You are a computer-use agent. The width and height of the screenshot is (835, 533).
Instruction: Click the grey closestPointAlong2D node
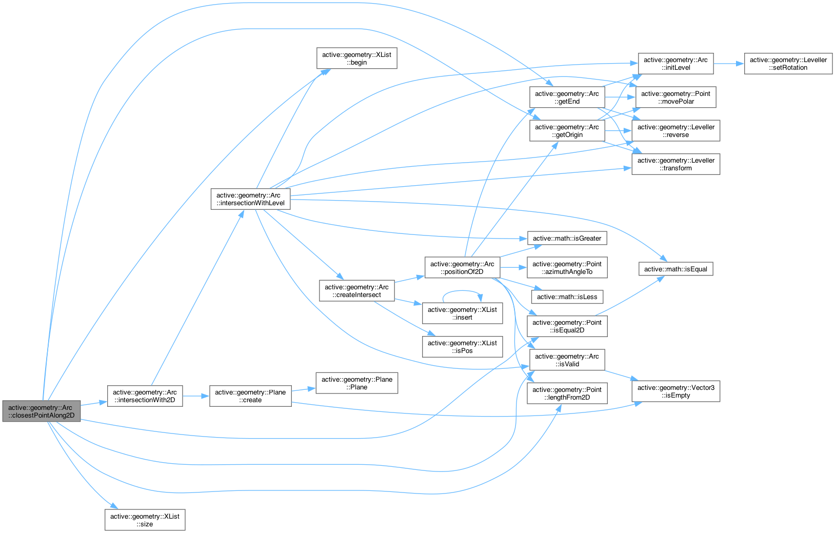pos(41,411)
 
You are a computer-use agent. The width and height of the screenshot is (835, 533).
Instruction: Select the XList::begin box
pos(356,58)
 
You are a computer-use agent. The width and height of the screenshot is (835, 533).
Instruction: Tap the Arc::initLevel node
pos(675,64)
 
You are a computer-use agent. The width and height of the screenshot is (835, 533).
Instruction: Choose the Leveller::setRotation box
pos(788,64)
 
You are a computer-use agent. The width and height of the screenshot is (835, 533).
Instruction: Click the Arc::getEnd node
pos(567,97)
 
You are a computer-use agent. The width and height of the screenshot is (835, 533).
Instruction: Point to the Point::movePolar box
pos(675,97)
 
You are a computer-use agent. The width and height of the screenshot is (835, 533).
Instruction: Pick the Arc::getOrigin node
pos(567,131)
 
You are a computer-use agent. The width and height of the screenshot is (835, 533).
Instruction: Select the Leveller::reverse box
pos(675,131)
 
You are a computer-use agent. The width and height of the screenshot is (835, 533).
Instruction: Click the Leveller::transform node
pos(675,164)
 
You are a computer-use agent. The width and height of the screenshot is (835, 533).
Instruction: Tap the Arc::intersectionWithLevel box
pos(250,199)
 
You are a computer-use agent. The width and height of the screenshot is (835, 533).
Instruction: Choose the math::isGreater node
pos(567,238)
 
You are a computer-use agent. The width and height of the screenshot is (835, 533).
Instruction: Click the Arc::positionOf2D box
pos(462,268)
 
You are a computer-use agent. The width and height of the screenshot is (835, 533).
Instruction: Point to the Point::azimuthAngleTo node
pos(567,268)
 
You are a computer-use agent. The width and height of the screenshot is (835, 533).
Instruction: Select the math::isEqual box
pos(675,269)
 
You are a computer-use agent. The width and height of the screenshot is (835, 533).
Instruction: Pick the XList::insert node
pos(462,313)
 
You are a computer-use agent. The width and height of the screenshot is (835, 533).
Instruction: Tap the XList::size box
pos(145,520)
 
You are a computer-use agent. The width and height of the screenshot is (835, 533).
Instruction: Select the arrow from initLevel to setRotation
pos(728,64)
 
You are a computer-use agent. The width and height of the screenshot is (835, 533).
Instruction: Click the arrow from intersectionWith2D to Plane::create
pos(196,396)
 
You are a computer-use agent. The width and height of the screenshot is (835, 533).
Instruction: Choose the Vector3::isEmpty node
pos(675,391)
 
